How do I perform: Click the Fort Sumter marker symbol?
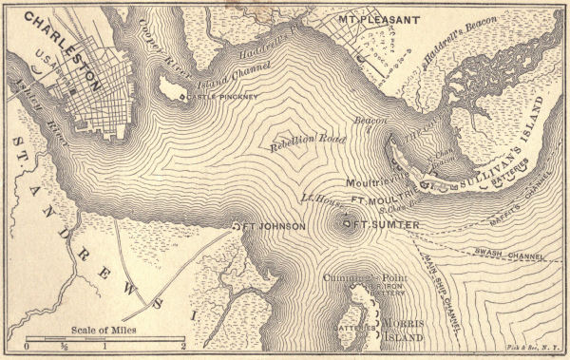pos(347,224)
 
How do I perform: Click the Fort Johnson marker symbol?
pos(237,226)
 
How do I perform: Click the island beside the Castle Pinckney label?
pos(174,89)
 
